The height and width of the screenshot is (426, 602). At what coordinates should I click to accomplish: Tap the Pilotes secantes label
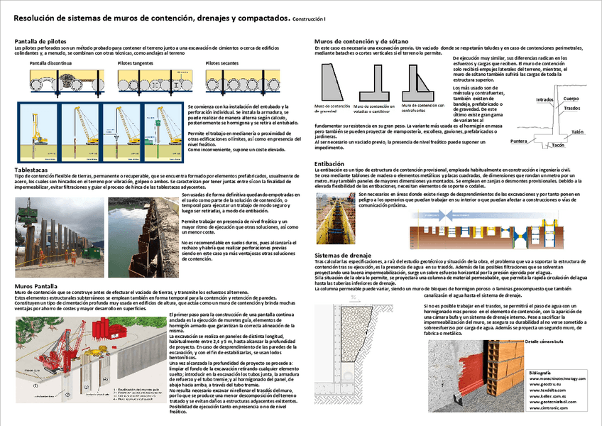[x=222, y=63]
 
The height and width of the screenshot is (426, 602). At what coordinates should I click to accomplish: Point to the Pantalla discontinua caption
[x=50, y=63]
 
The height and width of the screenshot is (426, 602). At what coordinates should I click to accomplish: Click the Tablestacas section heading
[x=31, y=170]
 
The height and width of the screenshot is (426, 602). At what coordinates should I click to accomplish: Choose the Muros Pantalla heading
[x=35, y=286]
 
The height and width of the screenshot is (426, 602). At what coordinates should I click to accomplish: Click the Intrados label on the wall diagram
[x=544, y=99]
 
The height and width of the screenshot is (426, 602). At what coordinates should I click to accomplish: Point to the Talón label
[x=577, y=132]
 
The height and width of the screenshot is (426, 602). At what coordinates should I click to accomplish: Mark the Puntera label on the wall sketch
[x=520, y=141]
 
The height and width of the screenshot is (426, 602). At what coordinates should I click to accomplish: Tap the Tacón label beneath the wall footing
[x=558, y=146]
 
